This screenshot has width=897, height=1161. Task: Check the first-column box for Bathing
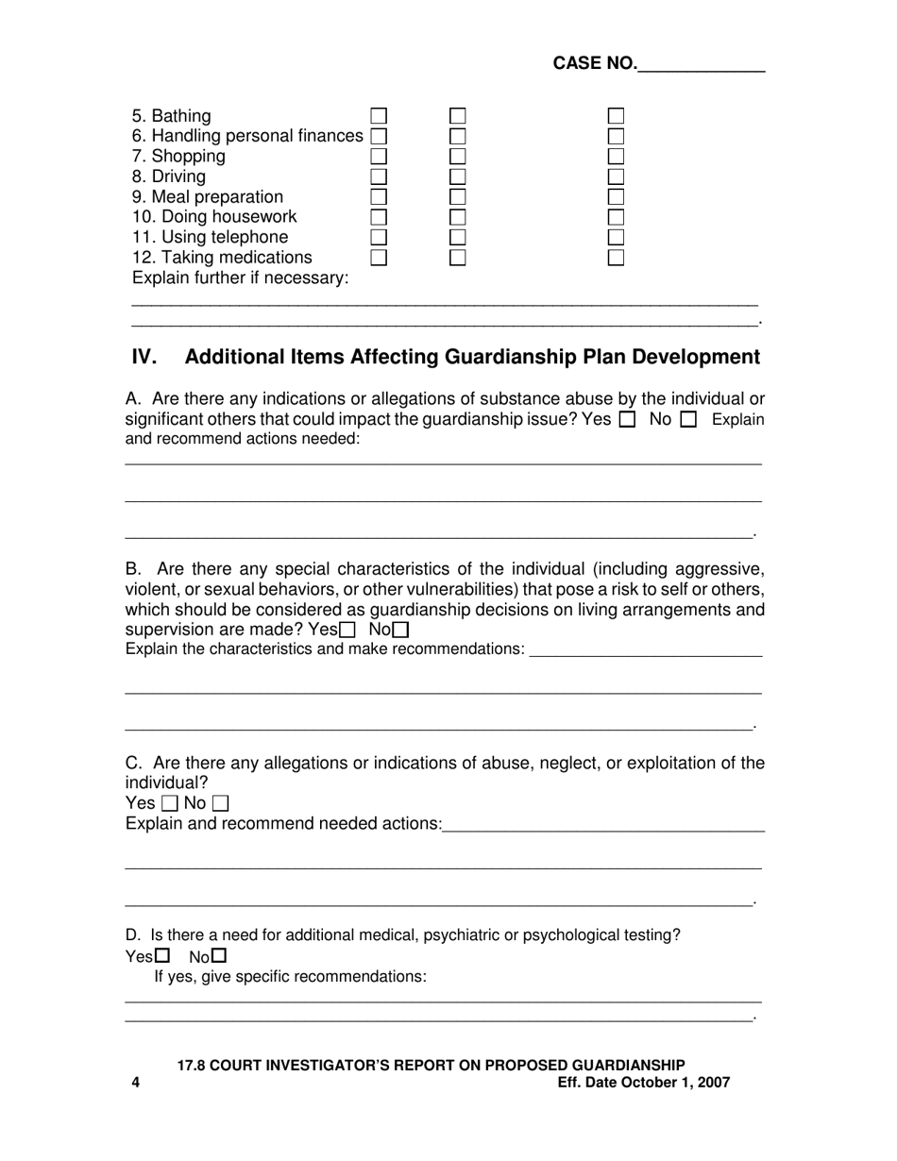379,116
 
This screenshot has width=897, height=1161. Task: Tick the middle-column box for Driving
458,177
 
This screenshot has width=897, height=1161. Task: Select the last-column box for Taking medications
616,257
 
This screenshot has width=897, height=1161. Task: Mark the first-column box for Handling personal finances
379,136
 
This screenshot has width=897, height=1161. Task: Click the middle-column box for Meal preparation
458,196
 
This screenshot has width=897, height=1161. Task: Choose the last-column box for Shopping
616,156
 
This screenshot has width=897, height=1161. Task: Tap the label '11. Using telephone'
210,237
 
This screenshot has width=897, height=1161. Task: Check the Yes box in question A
627,420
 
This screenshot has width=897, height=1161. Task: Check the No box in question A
688,420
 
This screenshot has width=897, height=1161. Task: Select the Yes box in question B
347,630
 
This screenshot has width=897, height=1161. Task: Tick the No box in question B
401,630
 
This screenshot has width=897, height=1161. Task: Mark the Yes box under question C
170,804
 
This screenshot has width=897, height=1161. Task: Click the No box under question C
220,804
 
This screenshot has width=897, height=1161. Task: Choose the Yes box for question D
162,956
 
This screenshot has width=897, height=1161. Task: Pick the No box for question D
220,956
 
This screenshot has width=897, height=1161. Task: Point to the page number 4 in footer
136,1083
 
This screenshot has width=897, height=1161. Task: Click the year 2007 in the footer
711,1083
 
